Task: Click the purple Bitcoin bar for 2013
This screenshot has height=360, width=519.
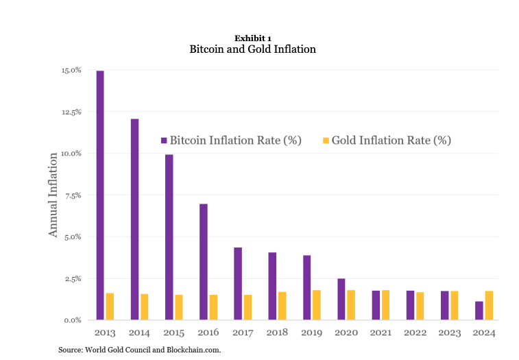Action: point(100,195)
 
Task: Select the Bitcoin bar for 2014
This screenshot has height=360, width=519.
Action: point(134,219)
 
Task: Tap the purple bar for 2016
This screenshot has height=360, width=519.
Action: point(204,262)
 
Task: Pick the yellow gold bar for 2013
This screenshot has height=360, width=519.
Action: point(110,307)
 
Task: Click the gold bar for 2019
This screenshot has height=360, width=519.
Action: point(317,305)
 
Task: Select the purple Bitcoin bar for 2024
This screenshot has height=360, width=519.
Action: point(479,311)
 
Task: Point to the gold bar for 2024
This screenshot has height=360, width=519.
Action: point(489,306)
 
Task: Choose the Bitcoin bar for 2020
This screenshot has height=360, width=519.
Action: point(341,300)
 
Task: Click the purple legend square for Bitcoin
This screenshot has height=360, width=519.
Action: point(164,141)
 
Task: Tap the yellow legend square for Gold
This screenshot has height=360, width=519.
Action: point(326,141)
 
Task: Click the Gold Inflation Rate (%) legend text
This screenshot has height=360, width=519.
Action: point(391,141)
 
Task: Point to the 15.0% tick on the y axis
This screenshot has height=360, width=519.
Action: point(72,70)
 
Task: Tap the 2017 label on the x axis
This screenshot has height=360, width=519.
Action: point(243,333)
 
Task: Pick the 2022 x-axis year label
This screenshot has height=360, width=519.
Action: point(415,333)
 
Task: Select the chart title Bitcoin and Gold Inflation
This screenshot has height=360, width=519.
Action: point(252,49)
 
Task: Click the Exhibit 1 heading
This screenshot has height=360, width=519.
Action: point(252,38)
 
